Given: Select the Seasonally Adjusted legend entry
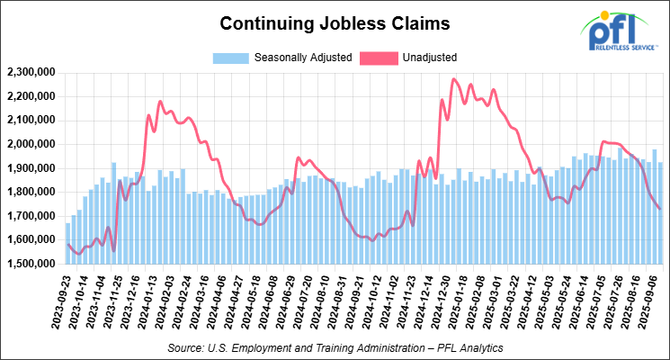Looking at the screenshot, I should pos(277,58).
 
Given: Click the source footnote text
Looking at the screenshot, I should pos(334,346).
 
